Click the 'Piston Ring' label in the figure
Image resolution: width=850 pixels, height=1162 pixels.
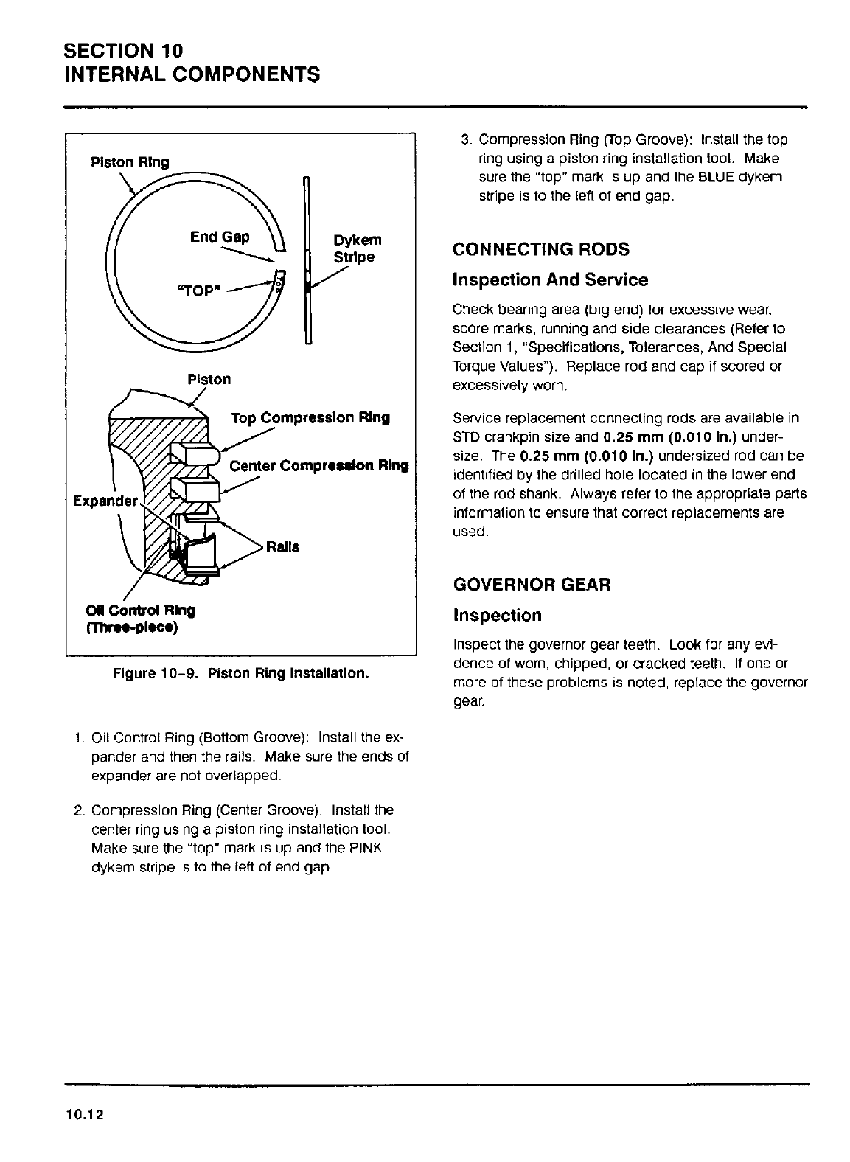(129, 162)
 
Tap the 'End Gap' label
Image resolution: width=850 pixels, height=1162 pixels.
(220, 237)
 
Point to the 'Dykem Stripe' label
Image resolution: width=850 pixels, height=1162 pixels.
(358, 248)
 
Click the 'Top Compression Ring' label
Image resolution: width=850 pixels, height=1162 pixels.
(310, 418)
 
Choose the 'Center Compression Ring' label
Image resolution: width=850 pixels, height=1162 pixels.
(318, 466)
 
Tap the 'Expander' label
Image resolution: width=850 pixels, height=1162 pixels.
(105, 501)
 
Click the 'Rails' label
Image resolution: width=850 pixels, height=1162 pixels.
(285, 547)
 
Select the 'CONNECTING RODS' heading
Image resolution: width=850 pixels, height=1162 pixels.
(541, 249)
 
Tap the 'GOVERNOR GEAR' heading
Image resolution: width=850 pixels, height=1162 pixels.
(532, 585)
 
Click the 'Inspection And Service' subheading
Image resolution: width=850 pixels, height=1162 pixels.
(550, 280)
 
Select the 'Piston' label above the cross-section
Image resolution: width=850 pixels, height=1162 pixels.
(209, 379)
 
